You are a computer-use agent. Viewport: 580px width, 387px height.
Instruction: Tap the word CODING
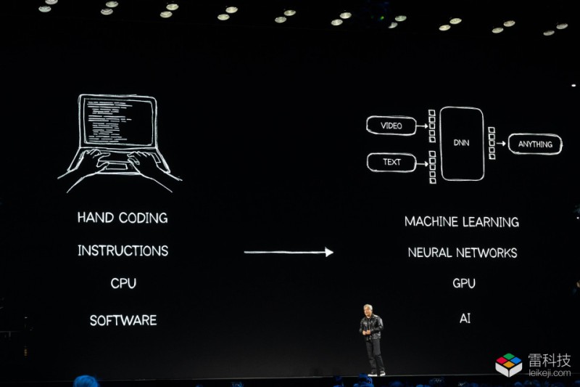(144, 218)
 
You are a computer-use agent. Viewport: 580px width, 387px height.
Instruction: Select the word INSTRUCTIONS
(123, 250)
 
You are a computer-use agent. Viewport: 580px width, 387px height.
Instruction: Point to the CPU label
(123, 283)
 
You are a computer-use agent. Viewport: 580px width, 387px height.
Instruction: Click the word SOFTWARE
(123, 320)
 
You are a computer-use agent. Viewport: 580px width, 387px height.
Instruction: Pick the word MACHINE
(431, 221)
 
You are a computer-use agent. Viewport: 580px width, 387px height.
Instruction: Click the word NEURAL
(430, 253)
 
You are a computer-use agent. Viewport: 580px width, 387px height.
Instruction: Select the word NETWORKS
(486, 253)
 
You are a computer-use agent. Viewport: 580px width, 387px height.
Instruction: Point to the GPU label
(464, 283)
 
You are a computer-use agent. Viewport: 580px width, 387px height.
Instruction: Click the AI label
(465, 318)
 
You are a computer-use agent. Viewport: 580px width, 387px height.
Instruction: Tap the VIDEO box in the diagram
(391, 126)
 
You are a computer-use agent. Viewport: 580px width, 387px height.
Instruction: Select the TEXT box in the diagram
(391, 162)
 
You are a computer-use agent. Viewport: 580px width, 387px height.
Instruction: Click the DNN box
(462, 144)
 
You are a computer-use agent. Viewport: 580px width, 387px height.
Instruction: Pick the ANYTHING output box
(535, 144)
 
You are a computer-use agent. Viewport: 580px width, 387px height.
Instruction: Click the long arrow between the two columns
(289, 252)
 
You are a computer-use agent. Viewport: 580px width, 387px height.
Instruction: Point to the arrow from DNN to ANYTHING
(501, 143)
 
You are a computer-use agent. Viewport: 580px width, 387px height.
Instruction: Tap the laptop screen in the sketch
(118, 121)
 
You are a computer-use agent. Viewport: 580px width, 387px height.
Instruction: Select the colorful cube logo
(509, 364)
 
